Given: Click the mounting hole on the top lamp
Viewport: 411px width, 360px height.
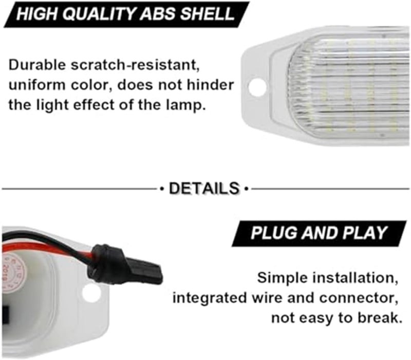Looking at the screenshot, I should (257, 87).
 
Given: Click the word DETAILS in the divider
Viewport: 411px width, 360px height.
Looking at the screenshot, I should (204, 188).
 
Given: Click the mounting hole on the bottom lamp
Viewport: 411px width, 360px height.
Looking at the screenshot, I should (91, 293).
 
